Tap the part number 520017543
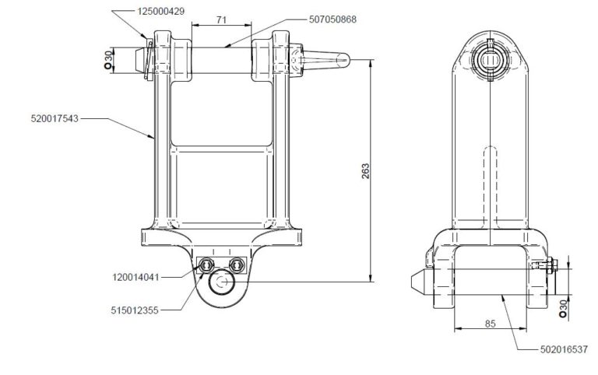coord(54,119)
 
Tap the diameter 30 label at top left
coord(108,61)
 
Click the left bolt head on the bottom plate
coord(206,265)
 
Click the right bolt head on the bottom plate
coord(236,265)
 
